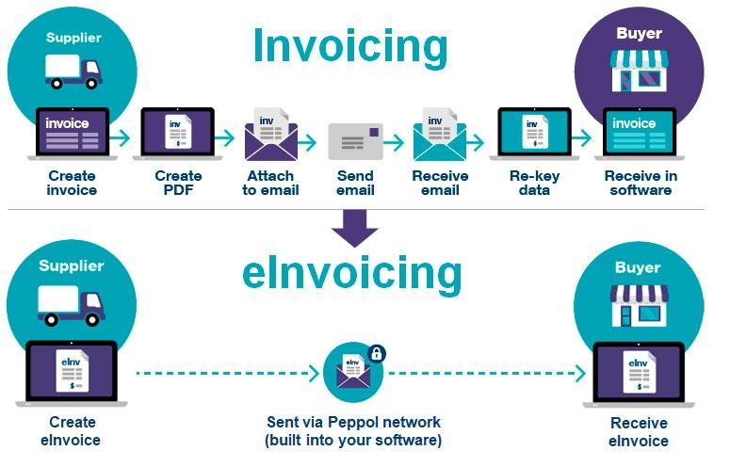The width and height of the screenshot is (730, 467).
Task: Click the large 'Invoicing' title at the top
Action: tap(350, 46)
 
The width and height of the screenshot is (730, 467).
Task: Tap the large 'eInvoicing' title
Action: tap(352, 273)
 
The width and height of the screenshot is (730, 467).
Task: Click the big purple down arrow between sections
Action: tap(355, 229)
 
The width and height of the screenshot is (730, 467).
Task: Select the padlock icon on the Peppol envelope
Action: tap(377, 353)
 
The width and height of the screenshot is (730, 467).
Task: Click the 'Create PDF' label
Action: tap(178, 183)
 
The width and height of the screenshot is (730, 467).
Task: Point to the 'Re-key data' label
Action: tap(534, 183)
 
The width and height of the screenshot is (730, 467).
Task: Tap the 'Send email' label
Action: tap(355, 183)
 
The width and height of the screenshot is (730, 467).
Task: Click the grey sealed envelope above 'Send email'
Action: tap(356, 141)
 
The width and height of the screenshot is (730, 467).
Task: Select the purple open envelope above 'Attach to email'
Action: tap(271, 135)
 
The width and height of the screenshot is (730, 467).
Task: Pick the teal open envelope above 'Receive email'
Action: tap(440, 135)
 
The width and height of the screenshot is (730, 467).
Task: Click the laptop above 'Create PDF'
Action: tap(178, 134)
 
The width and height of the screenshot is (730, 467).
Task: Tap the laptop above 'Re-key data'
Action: tap(534, 134)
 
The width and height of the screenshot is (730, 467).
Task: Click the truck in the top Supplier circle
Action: tap(73, 72)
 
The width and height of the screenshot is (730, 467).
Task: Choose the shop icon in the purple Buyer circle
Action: tap(640, 71)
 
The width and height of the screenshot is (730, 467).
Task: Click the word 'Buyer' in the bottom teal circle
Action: tap(638, 267)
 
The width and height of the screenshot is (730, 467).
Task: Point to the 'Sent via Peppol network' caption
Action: tap(353, 423)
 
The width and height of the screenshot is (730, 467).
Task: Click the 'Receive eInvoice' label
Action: tap(639, 431)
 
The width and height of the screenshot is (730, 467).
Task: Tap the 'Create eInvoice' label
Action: tap(72, 430)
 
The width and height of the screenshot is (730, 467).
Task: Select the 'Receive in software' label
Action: tap(641, 183)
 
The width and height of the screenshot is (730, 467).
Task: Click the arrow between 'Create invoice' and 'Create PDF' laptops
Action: tap(120, 137)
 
